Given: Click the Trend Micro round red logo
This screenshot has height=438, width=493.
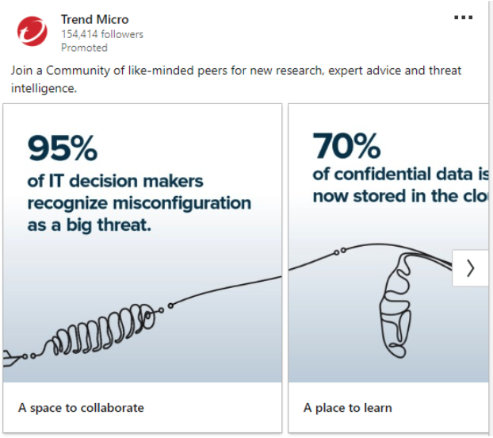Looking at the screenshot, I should tap(32, 32).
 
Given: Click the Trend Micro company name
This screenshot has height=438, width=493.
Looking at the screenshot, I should tap(94, 20).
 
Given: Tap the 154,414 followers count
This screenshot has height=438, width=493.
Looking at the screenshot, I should tap(102, 34).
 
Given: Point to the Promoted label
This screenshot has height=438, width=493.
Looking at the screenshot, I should tap(84, 48).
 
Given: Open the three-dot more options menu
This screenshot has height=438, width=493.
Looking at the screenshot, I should tap(463, 18).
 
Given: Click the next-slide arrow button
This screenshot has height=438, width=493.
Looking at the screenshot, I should tap(470, 268).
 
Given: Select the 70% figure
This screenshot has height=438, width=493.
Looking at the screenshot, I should tap(346, 145).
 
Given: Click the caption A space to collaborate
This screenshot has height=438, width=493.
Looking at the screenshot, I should tap(81, 408).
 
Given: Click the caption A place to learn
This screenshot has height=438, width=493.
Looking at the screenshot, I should tap(347, 408).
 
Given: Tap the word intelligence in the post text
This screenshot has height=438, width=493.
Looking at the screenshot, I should tap(43, 89).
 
